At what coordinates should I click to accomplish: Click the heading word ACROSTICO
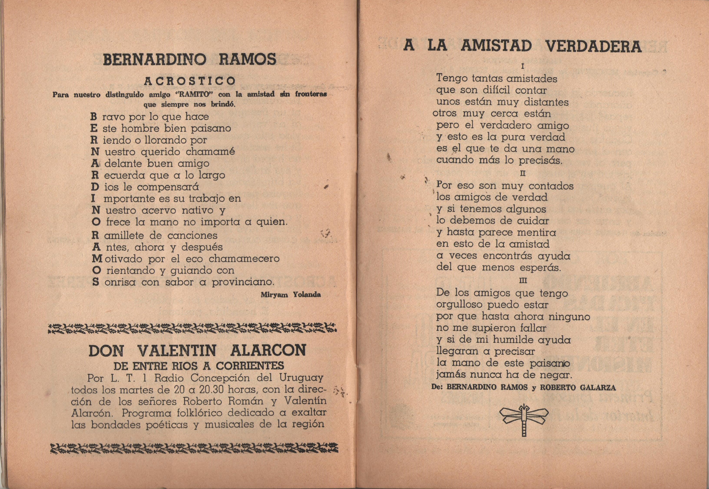[x=190, y=81]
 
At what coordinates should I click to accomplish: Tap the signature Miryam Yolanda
[x=290, y=295]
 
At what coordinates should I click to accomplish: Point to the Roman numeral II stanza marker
[x=523, y=173]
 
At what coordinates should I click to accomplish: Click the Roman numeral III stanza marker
[x=523, y=281]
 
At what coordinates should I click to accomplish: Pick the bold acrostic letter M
[x=97, y=258]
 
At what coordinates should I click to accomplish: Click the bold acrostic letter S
[x=96, y=282]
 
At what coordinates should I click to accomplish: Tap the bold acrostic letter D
[x=95, y=187]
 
